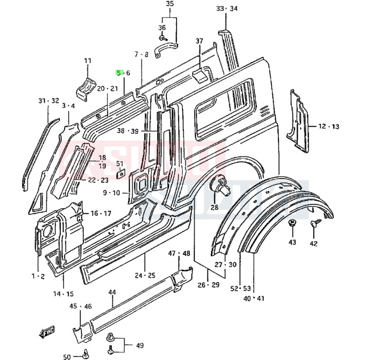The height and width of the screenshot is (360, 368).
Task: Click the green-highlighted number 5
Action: (x=119, y=73)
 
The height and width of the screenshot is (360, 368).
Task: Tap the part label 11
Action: (x=88, y=61)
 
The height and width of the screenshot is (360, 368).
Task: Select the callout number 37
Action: (x=199, y=41)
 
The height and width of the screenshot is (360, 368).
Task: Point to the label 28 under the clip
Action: (x=214, y=207)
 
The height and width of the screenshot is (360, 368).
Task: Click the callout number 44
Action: (x=112, y=292)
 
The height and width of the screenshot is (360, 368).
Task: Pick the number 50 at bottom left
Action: (x=67, y=356)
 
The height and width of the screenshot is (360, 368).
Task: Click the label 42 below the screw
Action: (x=313, y=243)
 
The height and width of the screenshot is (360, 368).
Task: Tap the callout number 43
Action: (x=292, y=242)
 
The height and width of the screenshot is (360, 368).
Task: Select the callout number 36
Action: (x=162, y=27)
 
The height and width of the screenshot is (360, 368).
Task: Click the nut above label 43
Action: (x=293, y=224)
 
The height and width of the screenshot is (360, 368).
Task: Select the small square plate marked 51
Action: (x=121, y=174)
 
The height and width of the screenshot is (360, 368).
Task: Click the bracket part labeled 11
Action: (x=86, y=87)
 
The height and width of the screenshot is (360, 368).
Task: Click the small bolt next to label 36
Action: (x=162, y=37)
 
